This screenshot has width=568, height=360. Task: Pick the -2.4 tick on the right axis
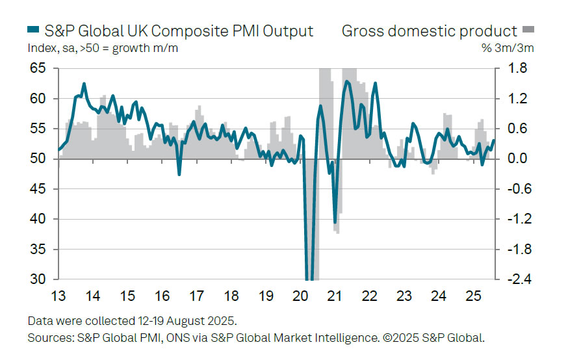tap(508, 279)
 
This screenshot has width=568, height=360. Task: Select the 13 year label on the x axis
tap(58, 296)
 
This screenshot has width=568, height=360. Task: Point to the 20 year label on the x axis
tap(300, 296)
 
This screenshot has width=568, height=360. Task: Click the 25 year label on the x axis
tap(473, 296)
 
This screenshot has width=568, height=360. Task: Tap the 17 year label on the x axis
tap(196, 296)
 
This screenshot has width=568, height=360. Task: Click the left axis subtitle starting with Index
tap(103, 47)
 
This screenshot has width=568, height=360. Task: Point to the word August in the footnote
tap(179, 321)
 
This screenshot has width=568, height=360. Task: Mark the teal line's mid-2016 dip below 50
tap(179, 174)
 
